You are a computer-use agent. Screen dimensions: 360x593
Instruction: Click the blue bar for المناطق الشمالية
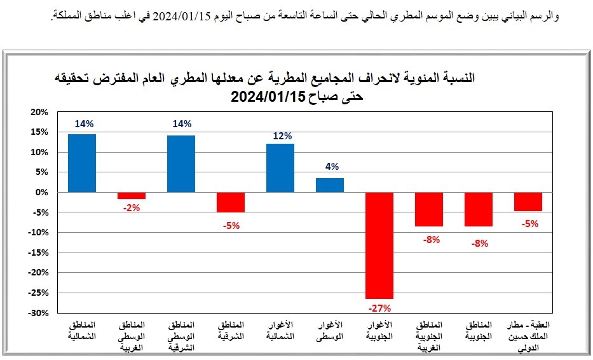pos(82,163)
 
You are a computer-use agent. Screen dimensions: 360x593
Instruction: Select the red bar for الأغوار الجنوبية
pos(379,245)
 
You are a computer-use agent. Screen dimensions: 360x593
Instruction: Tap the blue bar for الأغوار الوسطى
pos(330,185)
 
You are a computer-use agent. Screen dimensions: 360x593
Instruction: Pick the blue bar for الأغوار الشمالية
pos(280,168)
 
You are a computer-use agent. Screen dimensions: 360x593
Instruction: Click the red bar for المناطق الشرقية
pos(231,202)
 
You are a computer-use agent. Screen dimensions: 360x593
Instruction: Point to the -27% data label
pos(379,308)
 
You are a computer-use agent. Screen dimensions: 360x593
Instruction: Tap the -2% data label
pos(132,208)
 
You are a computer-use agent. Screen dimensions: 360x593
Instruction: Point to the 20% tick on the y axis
pos(39,112)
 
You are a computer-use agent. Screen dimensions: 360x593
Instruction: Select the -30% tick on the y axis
pos(38,313)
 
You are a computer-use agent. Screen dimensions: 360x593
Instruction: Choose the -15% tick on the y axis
pos(38,253)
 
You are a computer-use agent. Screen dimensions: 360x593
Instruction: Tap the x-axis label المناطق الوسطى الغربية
pos(132,336)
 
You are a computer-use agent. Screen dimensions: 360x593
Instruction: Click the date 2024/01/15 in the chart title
pos(267,97)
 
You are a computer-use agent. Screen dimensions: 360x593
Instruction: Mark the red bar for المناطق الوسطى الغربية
pos(132,195)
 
